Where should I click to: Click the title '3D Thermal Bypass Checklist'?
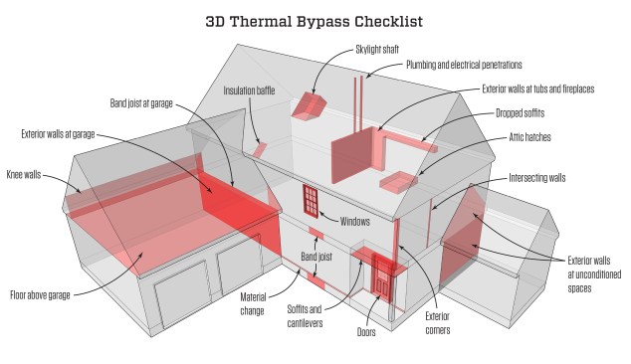[314, 21]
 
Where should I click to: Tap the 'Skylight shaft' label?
[377, 50]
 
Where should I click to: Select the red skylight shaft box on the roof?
[310, 105]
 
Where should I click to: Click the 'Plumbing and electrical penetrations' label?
[464, 65]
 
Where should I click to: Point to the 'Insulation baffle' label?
[249, 91]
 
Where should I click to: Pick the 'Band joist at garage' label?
[141, 103]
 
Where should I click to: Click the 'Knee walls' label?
[24, 175]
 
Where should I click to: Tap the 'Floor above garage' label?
[40, 295]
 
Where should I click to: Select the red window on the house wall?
[311, 201]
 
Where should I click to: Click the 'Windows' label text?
[355, 221]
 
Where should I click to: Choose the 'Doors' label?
[366, 332]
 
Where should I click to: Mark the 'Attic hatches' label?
[530, 137]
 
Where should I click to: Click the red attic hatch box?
[399, 180]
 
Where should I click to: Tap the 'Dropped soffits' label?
[520, 113]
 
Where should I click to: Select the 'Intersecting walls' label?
[536, 178]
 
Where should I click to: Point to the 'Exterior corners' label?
[438, 323]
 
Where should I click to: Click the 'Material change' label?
[253, 304]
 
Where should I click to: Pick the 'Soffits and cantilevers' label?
[305, 316]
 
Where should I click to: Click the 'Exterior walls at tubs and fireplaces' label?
[538, 89]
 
